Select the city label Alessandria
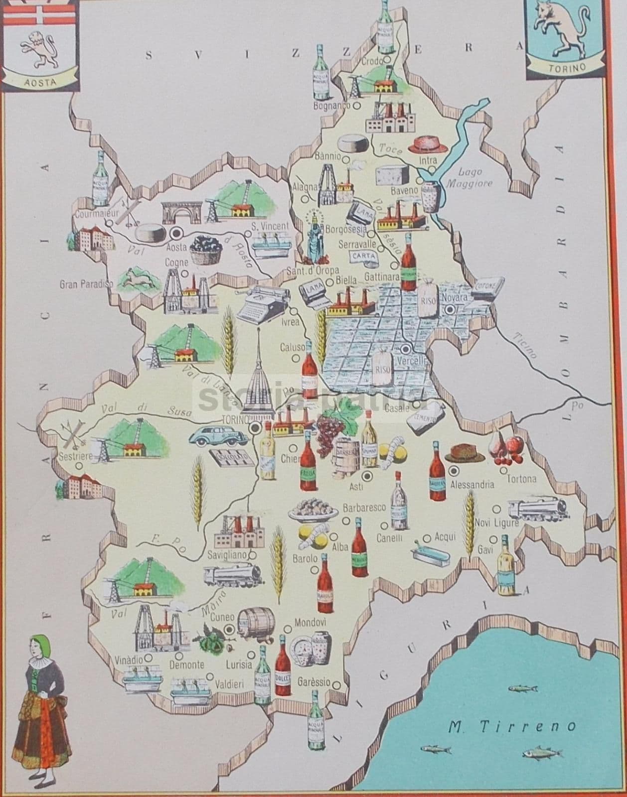pyautogui.click(x=471, y=484)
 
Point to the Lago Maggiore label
pyautogui.click(x=469, y=177)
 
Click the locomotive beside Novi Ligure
pyautogui.click(x=538, y=509)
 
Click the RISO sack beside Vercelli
pyautogui.click(x=382, y=367)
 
